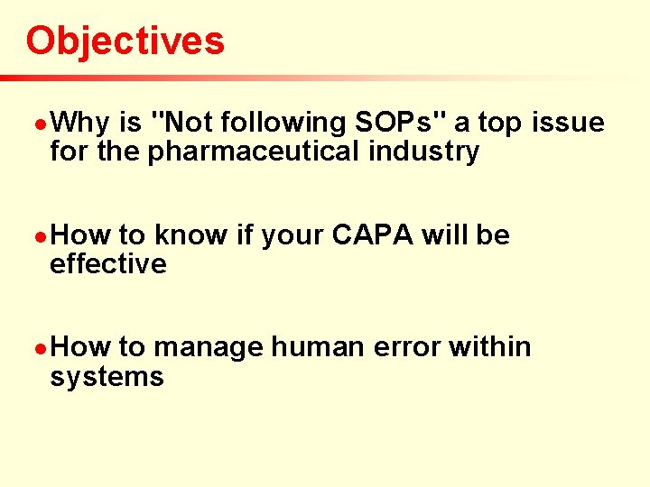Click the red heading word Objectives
(125, 41)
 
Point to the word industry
(423, 152)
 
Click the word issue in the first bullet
(568, 123)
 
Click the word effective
(108, 264)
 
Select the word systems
(107, 376)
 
